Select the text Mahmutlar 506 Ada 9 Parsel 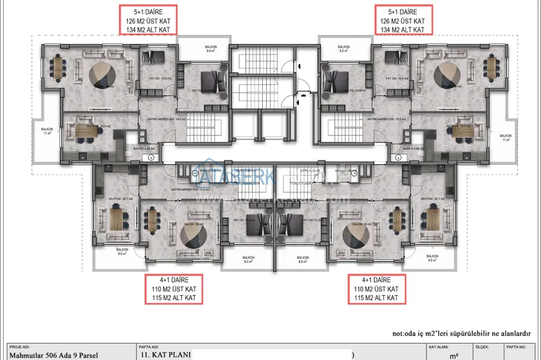(x=54, y=355)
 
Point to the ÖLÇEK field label (x=482, y=347)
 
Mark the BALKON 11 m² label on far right (x=505, y=137)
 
